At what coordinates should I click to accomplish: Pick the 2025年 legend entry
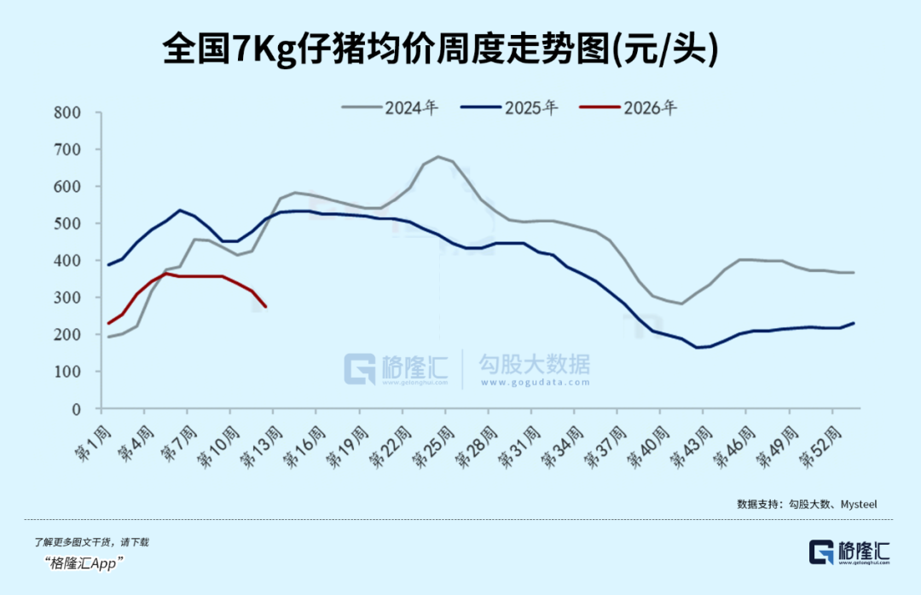509,108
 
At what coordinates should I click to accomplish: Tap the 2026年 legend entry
628,108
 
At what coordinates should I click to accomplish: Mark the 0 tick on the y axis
76,409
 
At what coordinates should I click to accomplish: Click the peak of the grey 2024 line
438,157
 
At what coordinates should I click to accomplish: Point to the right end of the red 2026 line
265,306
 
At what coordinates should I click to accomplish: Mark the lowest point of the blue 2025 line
698,347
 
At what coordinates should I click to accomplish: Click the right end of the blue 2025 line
854,323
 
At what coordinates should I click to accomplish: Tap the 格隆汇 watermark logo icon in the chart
359,368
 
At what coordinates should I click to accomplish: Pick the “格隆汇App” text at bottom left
85,563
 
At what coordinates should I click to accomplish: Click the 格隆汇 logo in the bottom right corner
849,551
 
